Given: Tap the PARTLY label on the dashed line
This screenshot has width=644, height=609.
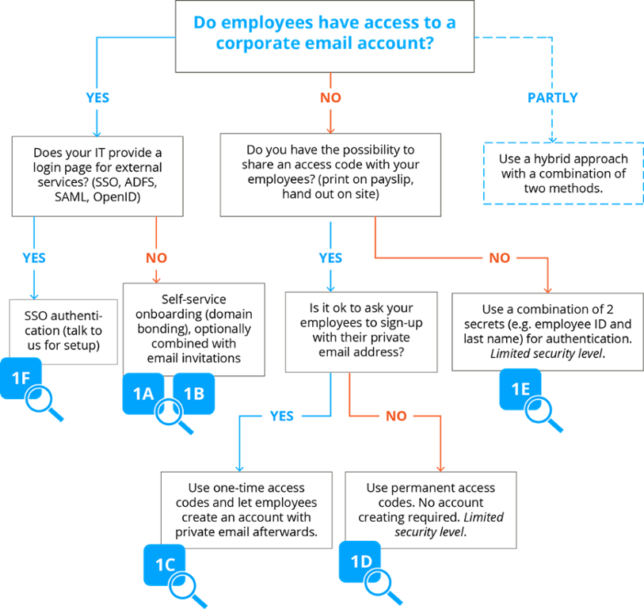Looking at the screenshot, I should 553,99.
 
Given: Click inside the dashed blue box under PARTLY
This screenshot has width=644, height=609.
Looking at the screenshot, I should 562,173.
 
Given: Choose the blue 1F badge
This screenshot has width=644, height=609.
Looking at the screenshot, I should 20,378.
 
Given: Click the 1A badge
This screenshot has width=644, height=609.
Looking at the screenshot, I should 143,393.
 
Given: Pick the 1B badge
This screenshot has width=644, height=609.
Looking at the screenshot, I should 194,393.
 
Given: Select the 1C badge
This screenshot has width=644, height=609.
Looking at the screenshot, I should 164,565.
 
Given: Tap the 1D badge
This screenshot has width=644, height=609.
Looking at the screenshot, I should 360,561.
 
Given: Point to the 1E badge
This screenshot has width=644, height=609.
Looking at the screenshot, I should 520,389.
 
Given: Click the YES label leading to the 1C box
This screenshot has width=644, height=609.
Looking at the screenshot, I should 281,417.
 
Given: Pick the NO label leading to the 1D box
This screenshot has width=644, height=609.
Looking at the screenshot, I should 396,417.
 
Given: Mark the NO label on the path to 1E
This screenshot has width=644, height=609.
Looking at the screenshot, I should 499,258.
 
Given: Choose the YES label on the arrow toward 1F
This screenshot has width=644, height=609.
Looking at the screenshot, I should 34,258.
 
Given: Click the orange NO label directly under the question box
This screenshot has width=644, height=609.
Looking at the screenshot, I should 330,99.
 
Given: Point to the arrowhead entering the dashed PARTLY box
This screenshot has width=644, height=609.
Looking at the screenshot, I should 553,139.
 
